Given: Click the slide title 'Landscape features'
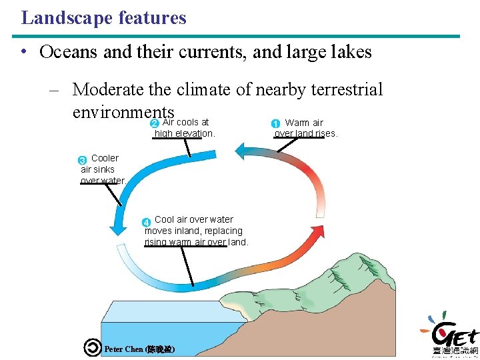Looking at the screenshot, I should point(103,18).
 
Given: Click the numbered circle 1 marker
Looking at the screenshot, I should point(275,123).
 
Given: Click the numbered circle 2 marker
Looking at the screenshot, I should point(154,123).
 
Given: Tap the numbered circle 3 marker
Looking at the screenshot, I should point(83,160).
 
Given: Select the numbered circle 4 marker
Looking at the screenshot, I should point(146,221).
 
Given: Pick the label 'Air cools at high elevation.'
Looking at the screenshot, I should point(185,128).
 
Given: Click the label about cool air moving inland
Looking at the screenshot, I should point(195,231).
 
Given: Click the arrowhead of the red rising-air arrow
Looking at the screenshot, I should point(241,151).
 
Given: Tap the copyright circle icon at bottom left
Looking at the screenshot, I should point(92,348).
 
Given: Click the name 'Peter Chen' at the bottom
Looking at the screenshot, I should point(124,349).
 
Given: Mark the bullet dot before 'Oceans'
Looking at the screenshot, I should point(24,53).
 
